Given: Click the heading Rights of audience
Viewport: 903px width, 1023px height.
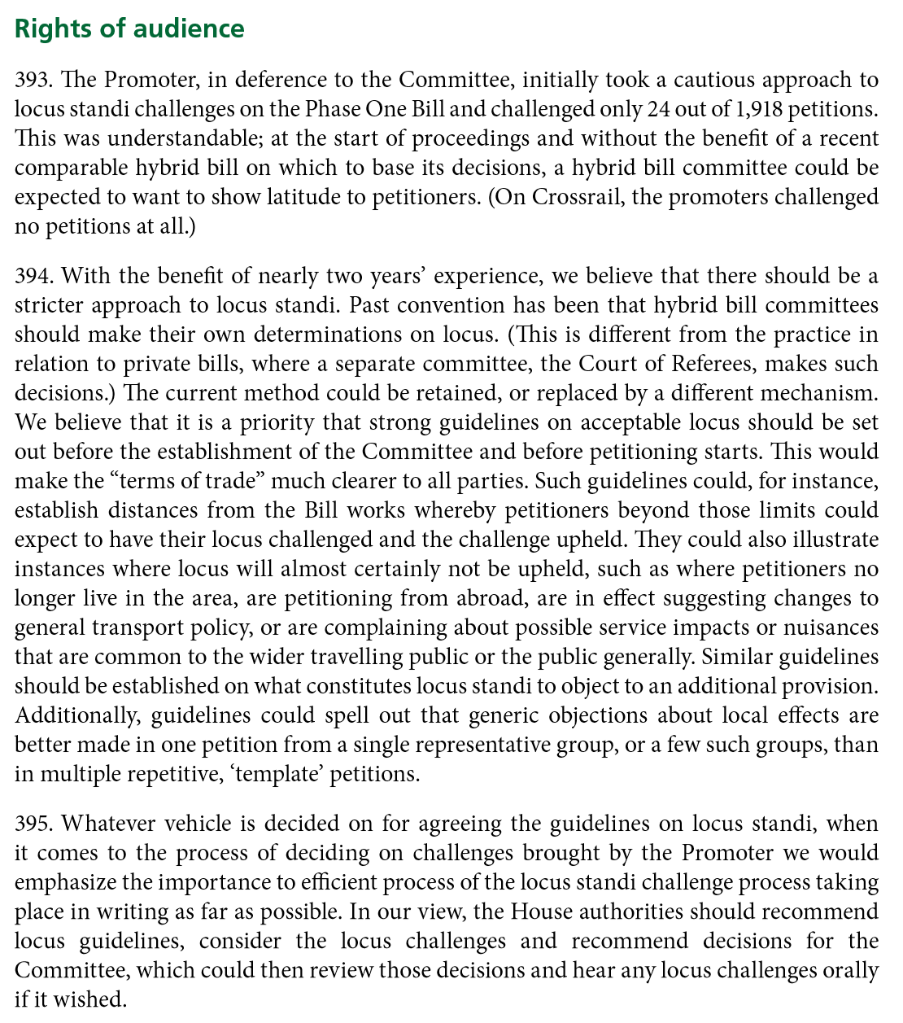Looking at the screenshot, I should point(129,28).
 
